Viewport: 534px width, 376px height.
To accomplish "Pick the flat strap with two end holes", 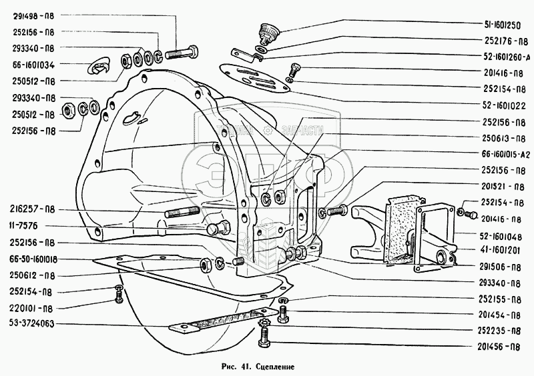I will click(x=225, y=321).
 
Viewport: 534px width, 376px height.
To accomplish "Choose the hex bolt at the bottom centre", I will click(x=262, y=338).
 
